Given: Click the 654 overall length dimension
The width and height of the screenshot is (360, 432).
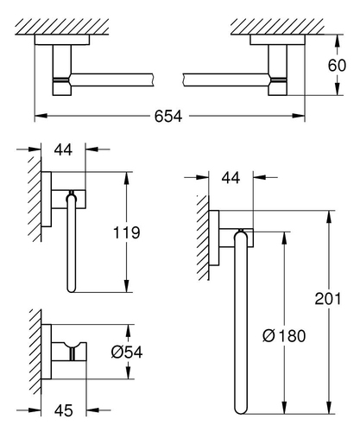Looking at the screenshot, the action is coord(168,116).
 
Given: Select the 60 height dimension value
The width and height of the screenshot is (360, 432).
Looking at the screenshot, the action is coord(337,66).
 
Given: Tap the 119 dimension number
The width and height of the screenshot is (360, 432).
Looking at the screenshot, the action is coord(126,232).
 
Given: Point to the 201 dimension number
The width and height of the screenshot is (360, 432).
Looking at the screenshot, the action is coord(328,298).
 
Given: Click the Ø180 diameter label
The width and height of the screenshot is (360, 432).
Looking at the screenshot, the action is coord(284,336).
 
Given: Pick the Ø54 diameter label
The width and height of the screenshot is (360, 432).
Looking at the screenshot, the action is coord(127,352).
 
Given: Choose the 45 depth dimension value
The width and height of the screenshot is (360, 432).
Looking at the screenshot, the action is coord(64,410).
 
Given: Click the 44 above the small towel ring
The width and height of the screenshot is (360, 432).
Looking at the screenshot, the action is coord(63,149).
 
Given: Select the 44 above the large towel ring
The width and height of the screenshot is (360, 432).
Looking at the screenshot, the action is coord(231,178).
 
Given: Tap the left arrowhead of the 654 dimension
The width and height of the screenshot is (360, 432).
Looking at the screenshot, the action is coord(41,116).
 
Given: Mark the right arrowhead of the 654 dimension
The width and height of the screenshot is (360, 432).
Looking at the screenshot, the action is coord(299,116).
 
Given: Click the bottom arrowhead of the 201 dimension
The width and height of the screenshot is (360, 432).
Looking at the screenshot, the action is coord(328,408).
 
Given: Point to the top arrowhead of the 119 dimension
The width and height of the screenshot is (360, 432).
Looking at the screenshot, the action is coord(126,179).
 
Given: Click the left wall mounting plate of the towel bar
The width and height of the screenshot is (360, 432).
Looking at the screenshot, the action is coord(62,40).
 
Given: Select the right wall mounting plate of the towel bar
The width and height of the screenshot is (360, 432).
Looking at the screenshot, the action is coord(277,40).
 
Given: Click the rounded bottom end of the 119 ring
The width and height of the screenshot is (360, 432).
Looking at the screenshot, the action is coord(71,289).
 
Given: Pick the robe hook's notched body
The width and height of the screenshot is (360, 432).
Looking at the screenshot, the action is coord(69,352).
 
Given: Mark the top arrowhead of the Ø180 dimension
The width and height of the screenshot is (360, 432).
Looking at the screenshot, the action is coord(284,238).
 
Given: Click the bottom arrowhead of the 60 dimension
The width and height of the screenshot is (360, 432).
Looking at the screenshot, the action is coord(338,89).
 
